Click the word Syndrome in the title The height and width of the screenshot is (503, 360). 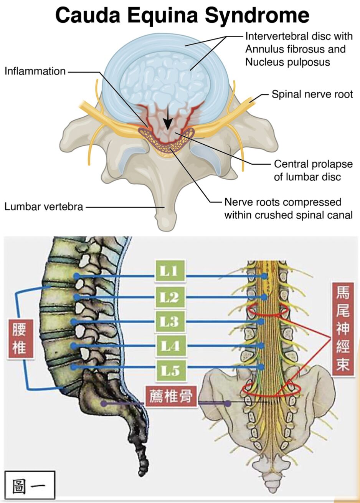point(257,16)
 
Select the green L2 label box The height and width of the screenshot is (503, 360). point(170,296)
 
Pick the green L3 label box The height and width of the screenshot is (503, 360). point(170,321)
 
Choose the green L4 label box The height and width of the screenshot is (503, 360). point(170,346)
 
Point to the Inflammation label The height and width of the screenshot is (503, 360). point(35,71)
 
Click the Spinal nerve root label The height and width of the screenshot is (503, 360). point(312,94)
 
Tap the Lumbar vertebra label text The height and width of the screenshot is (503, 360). point(44,207)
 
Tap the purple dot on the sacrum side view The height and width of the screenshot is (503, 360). point(104,404)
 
